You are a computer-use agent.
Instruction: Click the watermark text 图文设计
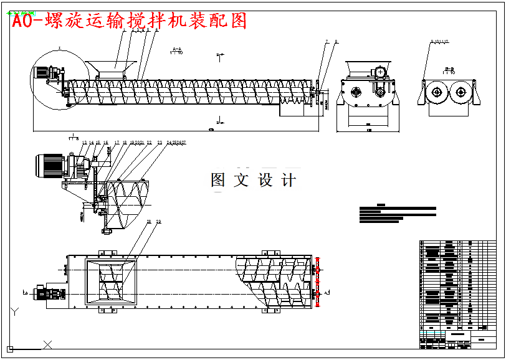coord(253,181)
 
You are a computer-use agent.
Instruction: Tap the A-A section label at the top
coord(176,49)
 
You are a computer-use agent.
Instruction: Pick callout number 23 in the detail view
coord(160,143)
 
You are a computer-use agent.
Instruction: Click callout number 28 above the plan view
coord(148,222)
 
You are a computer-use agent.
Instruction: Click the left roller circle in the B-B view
coord(436,93)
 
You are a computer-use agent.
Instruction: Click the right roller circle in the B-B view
coord(461,93)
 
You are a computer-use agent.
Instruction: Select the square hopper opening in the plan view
coord(112,281)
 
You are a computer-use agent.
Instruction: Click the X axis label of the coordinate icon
coord(48,343)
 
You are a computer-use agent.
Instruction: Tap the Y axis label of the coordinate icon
coord(14,310)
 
